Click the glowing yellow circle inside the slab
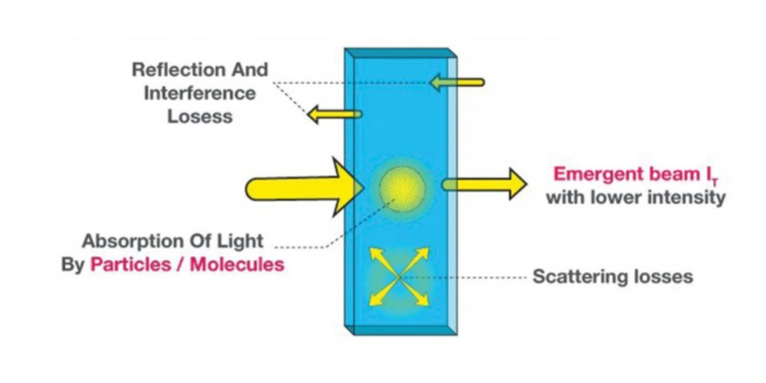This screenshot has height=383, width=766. point(402,188)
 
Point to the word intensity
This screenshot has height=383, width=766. point(687,197)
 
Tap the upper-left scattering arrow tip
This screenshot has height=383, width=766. point(374,252)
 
